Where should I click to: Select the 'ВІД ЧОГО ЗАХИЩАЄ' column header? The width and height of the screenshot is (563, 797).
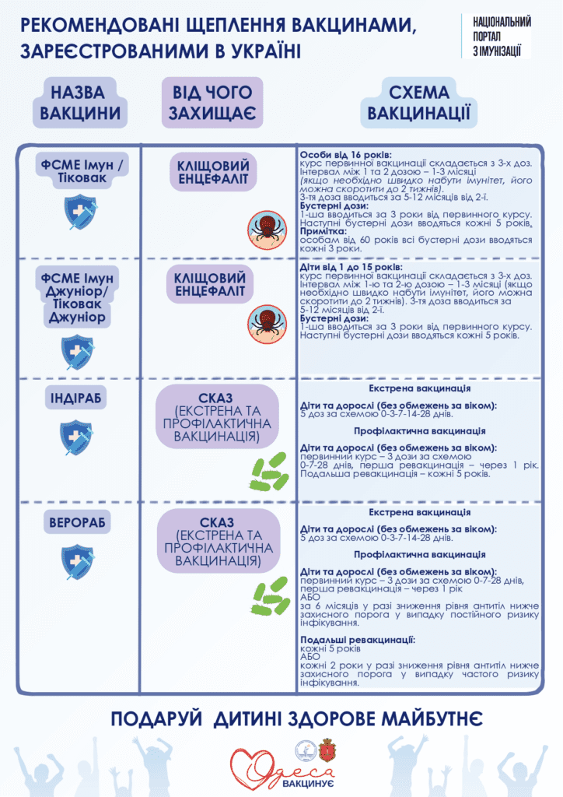pos(212,103)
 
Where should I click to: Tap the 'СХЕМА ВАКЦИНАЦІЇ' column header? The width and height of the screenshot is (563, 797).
pos(419,102)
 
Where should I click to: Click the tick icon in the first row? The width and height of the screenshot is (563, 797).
pos(265,227)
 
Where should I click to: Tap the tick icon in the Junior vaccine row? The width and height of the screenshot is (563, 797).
pos(265,321)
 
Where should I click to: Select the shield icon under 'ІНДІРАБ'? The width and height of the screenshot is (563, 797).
pos(78,437)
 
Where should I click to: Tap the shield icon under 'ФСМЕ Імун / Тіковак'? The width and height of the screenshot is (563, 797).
pos(80,212)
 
